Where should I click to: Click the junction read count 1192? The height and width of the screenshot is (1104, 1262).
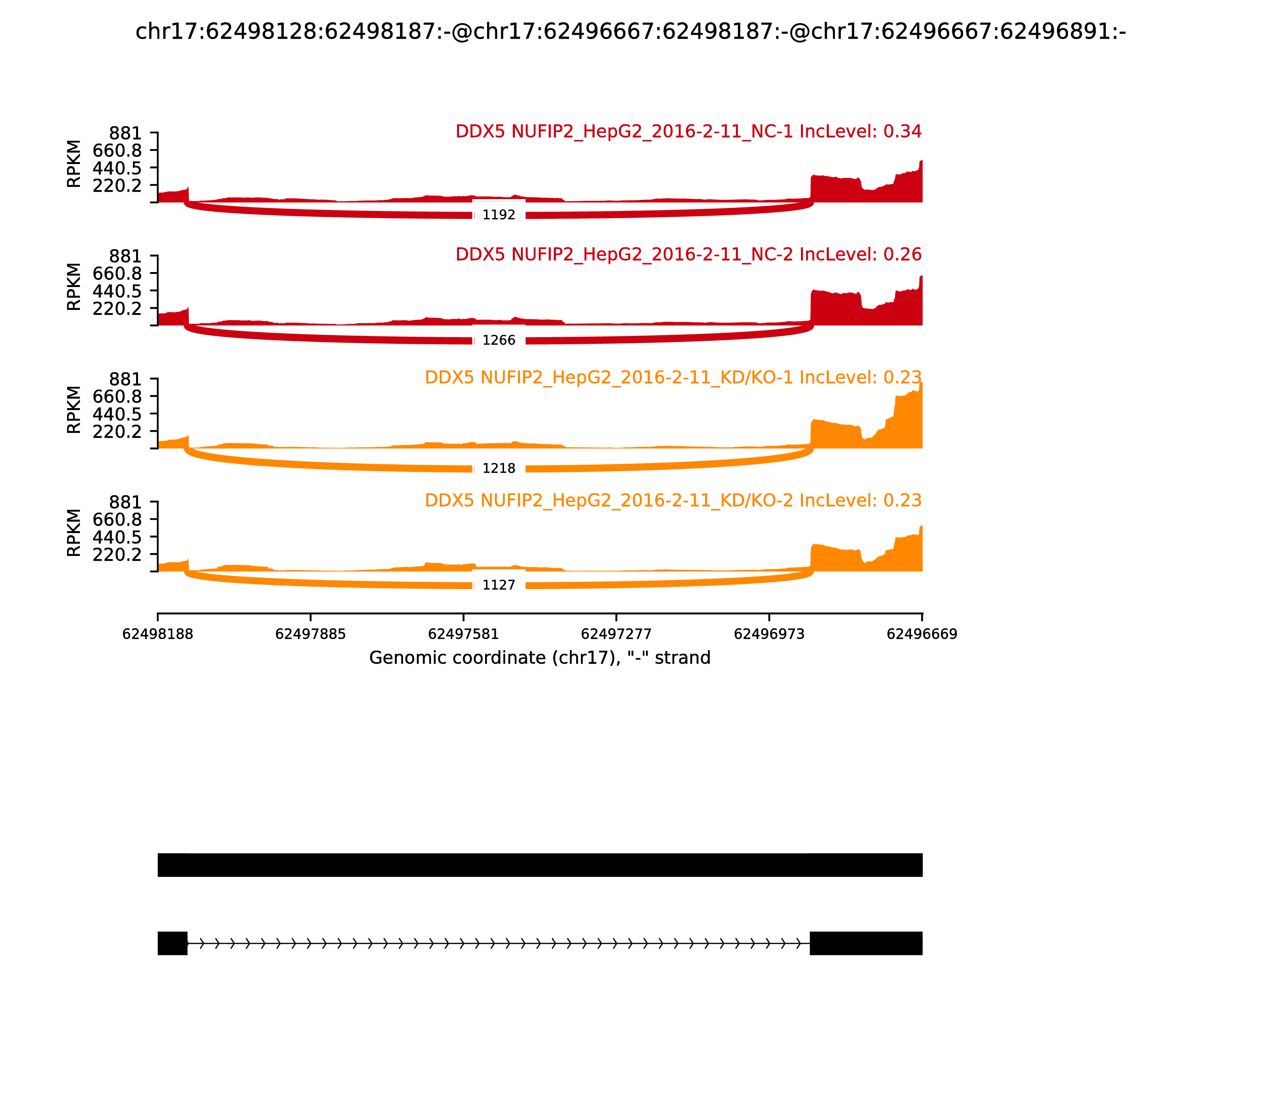coord(498,215)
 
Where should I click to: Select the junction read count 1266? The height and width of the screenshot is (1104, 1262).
coord(498,341)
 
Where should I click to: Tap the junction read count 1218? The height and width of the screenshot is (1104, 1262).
coord(498,468)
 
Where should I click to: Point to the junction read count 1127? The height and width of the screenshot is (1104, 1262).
coord(498,585)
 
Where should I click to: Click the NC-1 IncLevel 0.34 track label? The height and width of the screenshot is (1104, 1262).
coord(688,132)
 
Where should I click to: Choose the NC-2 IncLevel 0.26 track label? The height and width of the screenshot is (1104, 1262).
coord(688,254)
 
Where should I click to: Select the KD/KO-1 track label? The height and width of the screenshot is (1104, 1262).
coord(673,378)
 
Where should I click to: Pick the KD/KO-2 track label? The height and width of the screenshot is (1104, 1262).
coord(673,500)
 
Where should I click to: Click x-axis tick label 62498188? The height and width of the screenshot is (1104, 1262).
coord(158,634)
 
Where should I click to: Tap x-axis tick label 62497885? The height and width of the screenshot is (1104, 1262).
coord(311,634)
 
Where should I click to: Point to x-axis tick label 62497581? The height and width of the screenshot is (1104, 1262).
coord(463,634)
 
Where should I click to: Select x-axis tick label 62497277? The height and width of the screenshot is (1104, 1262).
coord(616,634)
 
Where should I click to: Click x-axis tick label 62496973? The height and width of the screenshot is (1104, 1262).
coord(769,634)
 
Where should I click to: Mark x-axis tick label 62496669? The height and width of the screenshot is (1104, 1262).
coord(922,634)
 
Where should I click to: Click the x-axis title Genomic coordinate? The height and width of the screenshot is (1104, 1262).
coord(540,658)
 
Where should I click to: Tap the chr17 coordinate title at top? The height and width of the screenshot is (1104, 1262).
coord(630,32)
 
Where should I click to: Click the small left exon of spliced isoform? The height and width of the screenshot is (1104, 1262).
coord(173,943)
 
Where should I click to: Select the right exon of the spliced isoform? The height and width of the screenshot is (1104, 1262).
coord(866,943)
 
